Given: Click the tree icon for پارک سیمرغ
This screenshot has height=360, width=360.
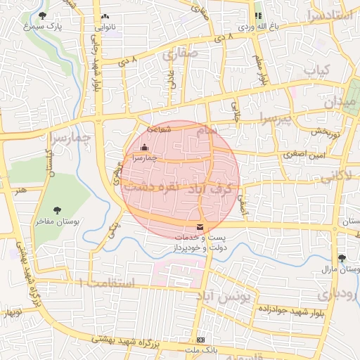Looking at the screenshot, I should (x=43, y=15).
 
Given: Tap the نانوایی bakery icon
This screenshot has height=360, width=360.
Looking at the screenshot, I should (x=105, y=16).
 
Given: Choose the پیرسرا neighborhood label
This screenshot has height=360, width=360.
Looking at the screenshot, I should (x=292, y=120).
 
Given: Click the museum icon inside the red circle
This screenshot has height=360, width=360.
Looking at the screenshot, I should (x=145, y=148).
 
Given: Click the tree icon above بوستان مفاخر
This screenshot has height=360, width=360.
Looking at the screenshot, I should (x=58, y=210).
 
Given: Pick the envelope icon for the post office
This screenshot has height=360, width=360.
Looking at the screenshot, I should (x=201, y=227).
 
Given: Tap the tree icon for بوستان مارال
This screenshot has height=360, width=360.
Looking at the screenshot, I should (x=342, y=258).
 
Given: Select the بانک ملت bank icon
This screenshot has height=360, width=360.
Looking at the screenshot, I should (x=202, y=340).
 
